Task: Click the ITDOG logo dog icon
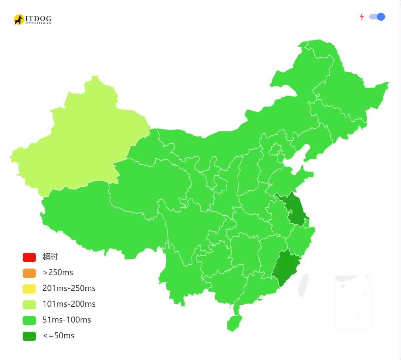19,19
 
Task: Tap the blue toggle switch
377,17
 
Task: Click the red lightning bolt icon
362,16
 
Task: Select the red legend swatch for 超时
29,257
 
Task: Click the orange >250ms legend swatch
29,273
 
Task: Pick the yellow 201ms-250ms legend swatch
29,289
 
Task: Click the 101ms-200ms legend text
69,304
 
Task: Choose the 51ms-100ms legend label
67,320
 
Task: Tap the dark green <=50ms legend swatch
29,336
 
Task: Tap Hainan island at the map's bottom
234,323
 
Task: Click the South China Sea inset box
353,302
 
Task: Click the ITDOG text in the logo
38,18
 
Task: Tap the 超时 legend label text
50,257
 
